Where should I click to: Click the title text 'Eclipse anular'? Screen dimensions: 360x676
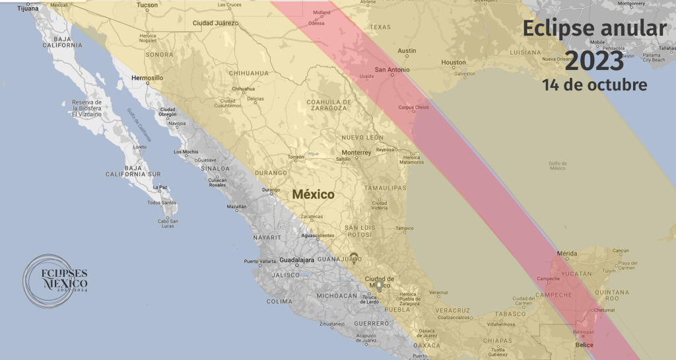point(594,29)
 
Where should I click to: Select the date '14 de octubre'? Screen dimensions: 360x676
point(594,85)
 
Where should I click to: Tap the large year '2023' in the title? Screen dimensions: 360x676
point(594,61)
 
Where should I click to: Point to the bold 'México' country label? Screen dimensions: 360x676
point(314,195)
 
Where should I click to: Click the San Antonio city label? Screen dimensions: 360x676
point(392,69)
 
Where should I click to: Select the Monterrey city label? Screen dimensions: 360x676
point(356,153)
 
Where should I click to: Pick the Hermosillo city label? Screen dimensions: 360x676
point(147,77)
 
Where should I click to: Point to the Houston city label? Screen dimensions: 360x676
point(454,63)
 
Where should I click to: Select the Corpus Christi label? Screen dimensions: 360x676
point(414,108)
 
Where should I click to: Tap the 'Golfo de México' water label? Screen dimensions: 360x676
point(558,166)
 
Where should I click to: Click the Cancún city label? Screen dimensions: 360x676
point(621,251)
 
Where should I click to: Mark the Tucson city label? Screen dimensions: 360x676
point(147,5)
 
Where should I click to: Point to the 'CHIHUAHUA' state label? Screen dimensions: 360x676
point(249,73)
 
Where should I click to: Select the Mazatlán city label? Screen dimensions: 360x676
point(236,207)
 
